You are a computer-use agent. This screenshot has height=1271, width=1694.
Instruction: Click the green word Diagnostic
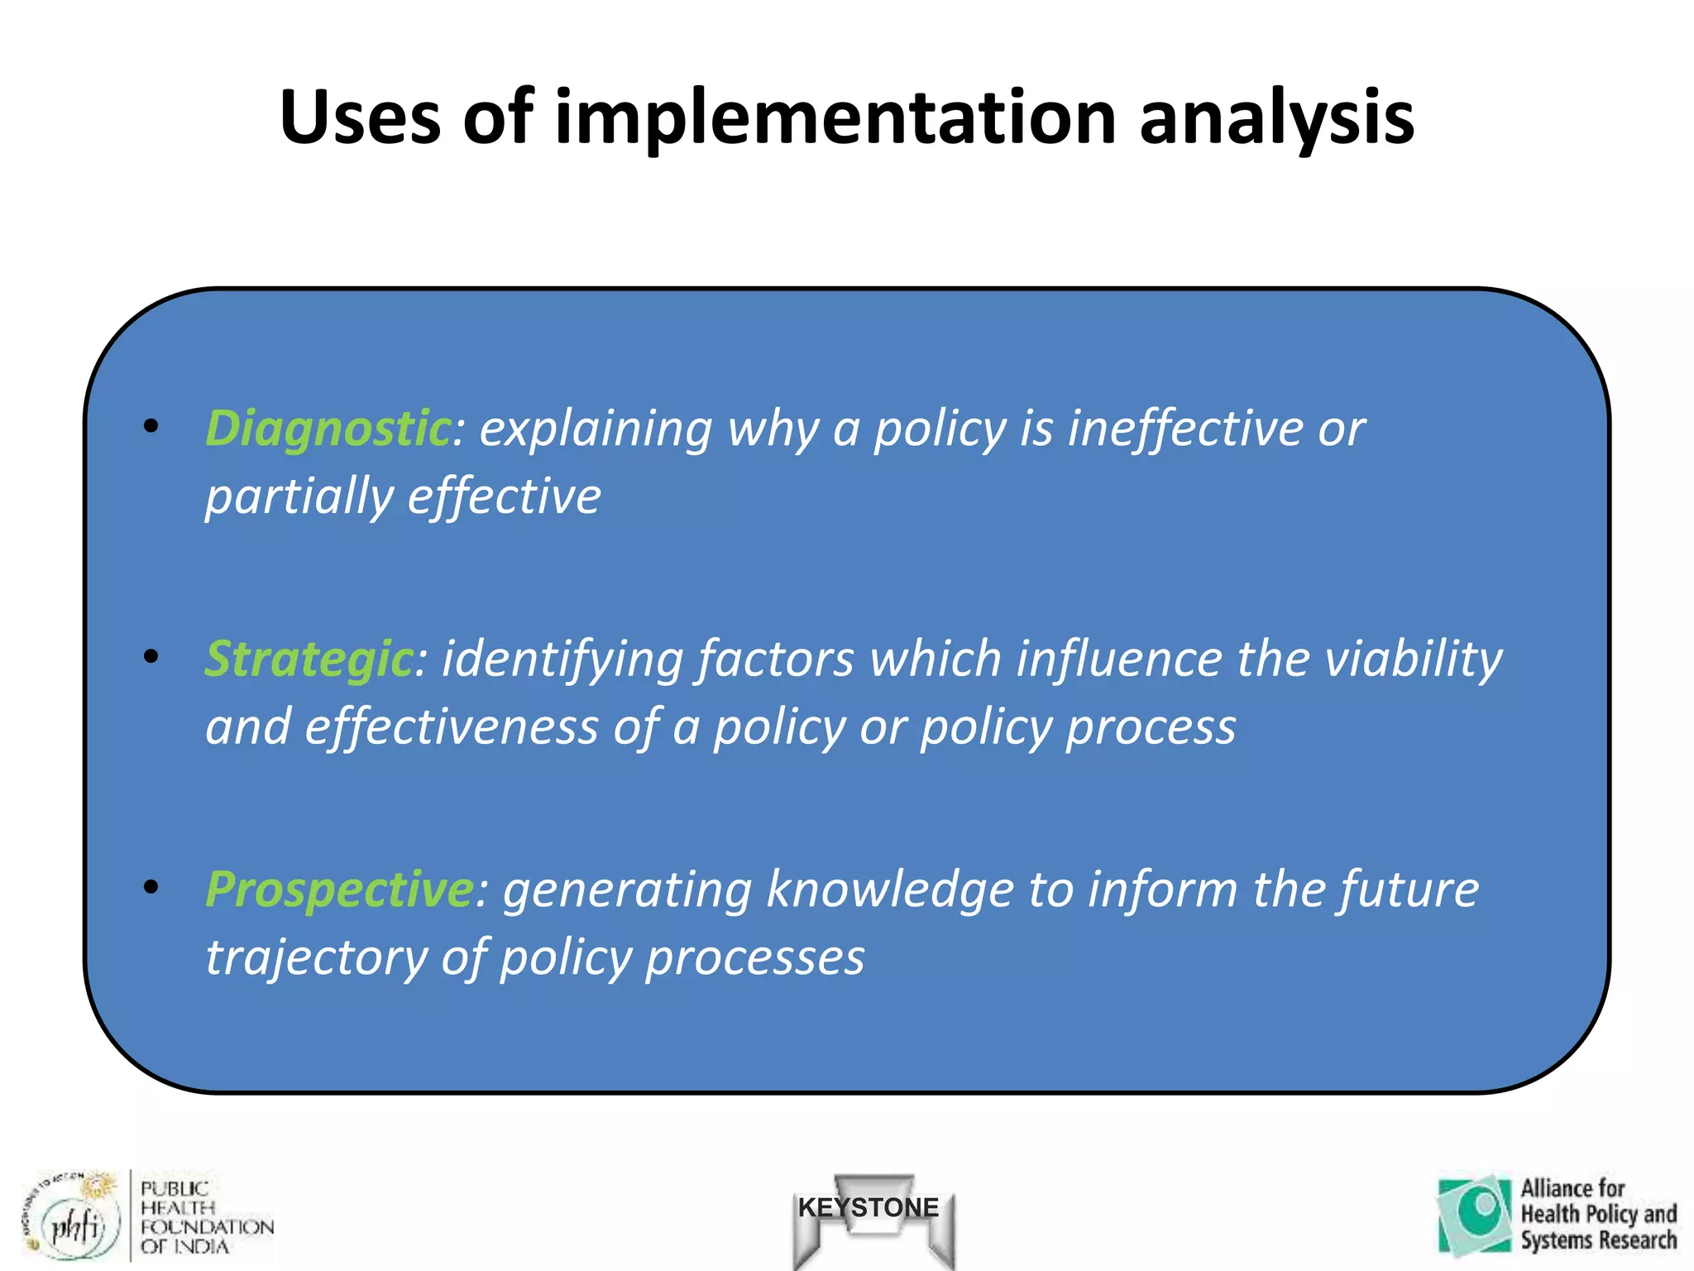(x=328, y=429)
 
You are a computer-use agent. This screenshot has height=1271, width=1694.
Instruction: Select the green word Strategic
(x=308, y=659)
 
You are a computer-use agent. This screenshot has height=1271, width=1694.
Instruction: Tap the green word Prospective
(x=339, y=890)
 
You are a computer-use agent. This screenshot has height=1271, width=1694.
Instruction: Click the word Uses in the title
(x=361, y=118)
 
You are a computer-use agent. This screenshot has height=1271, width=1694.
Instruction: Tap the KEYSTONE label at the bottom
(x=869, y=1207)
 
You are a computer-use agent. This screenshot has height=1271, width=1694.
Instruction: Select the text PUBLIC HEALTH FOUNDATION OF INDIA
(x=205, y=1217)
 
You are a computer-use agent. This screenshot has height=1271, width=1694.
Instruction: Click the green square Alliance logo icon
(x=1475, y=1214)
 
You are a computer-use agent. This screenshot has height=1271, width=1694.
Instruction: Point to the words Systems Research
(x=1597, y=1240)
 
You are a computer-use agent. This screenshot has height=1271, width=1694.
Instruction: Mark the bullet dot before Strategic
(x=151, y=657)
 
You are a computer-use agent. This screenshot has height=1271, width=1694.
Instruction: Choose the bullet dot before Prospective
(x=151, y=887)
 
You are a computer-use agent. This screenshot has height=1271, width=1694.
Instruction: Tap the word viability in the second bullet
(x=1413, y=659)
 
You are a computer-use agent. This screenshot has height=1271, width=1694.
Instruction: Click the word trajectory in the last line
(x=315, y=958)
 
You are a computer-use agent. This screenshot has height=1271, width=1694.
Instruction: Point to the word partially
(x=299, y=497)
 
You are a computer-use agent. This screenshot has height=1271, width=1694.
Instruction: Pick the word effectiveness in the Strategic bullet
(x=451, y=727)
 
